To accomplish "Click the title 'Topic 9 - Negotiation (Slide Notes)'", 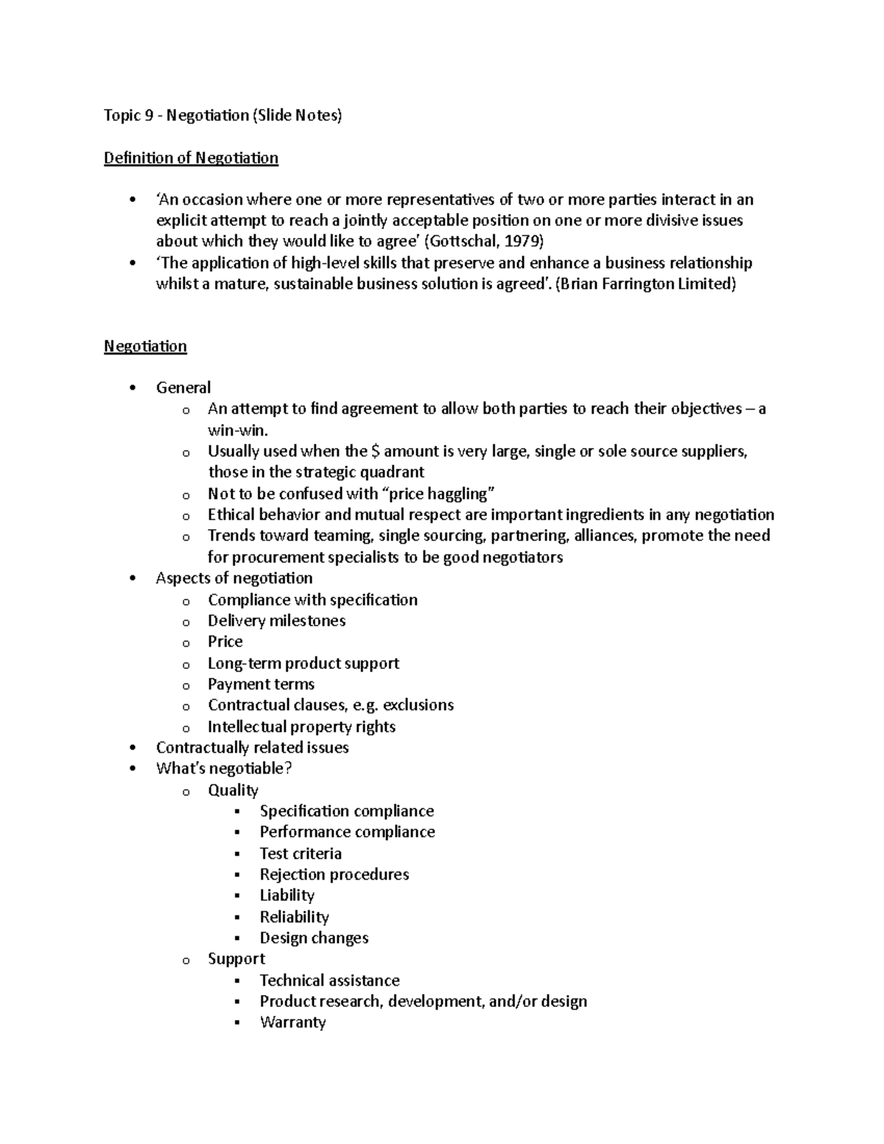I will (x=222, y=116).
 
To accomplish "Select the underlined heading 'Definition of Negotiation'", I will (x=191, y=158).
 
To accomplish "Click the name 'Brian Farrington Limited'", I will (x=645, y=284).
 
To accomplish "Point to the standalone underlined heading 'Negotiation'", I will (x=145, y=347).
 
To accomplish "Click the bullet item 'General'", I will (x=183, y=388).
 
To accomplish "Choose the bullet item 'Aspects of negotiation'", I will (x=234, y=578).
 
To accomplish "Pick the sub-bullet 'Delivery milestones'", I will (x=276, y=621).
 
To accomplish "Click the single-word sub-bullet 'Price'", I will (x=225, y=642).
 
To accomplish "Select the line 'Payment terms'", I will (x=261, y=684).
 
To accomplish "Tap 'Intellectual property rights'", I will (x=301, y=727).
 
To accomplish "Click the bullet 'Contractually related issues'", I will (x=252, y=748).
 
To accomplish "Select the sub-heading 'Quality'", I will (x=233, y=790).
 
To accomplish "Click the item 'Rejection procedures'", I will (x=334, y=874).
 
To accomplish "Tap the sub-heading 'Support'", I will (x=236, y=959).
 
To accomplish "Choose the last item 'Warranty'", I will (x=292, y=1022).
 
